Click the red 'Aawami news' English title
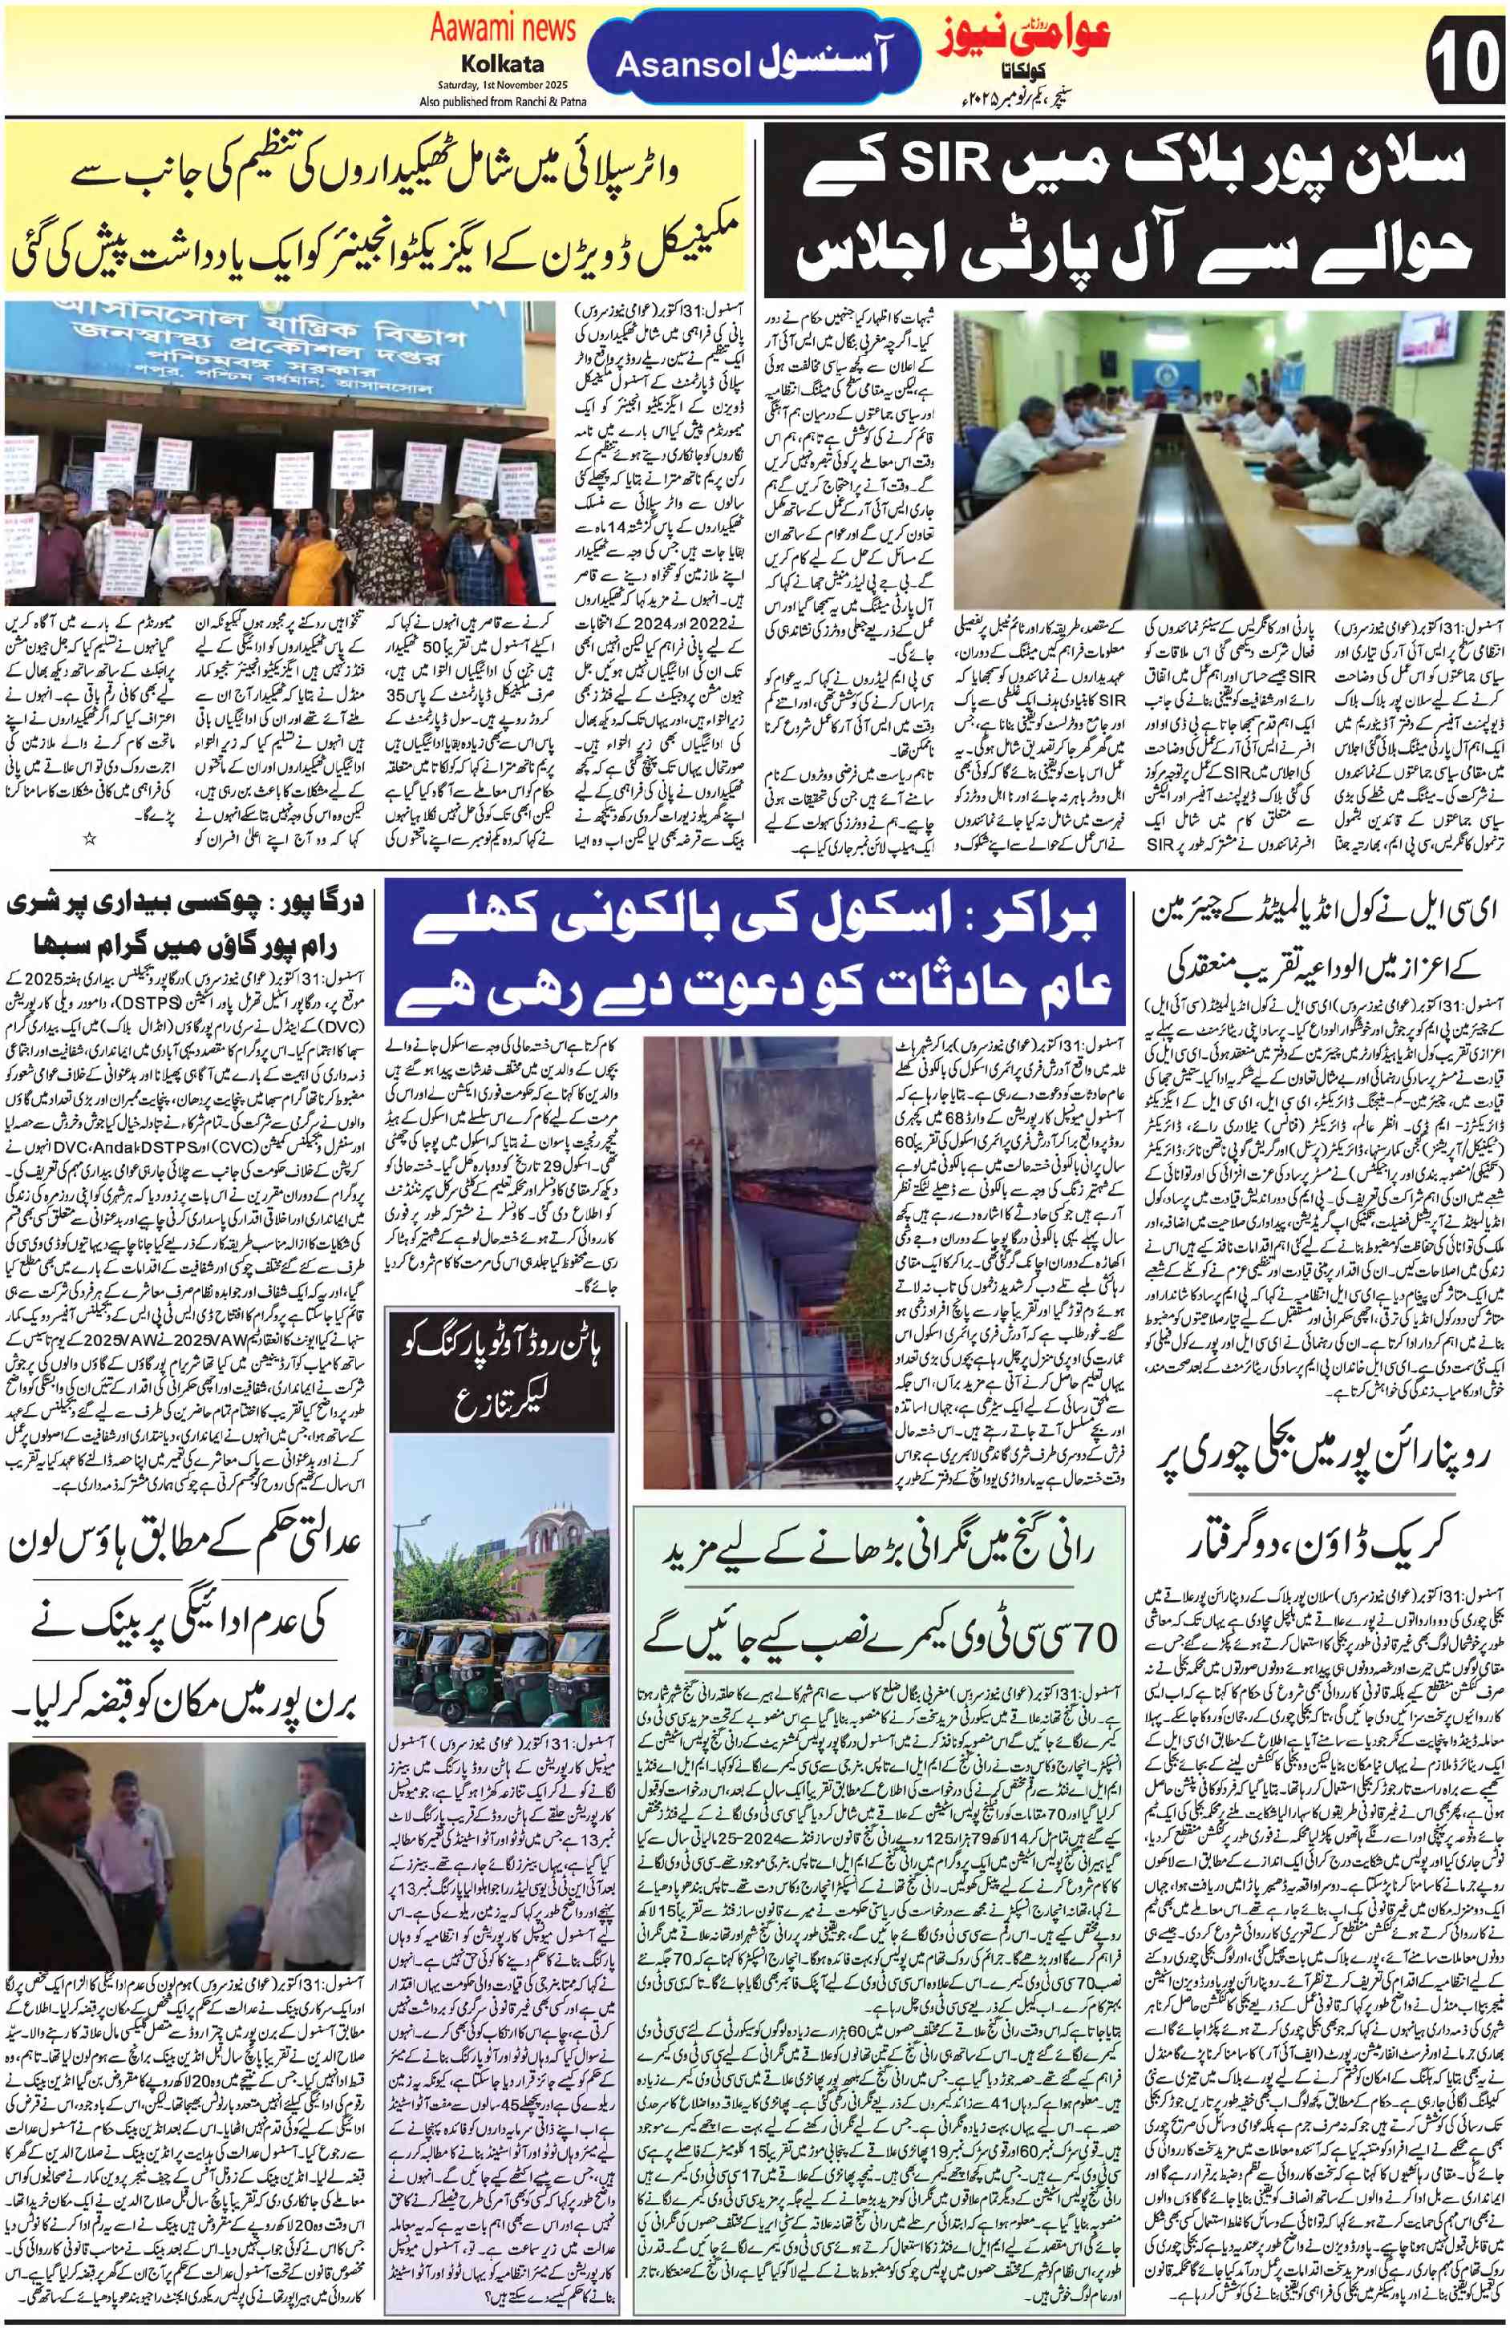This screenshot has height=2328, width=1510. click(502, 30)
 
